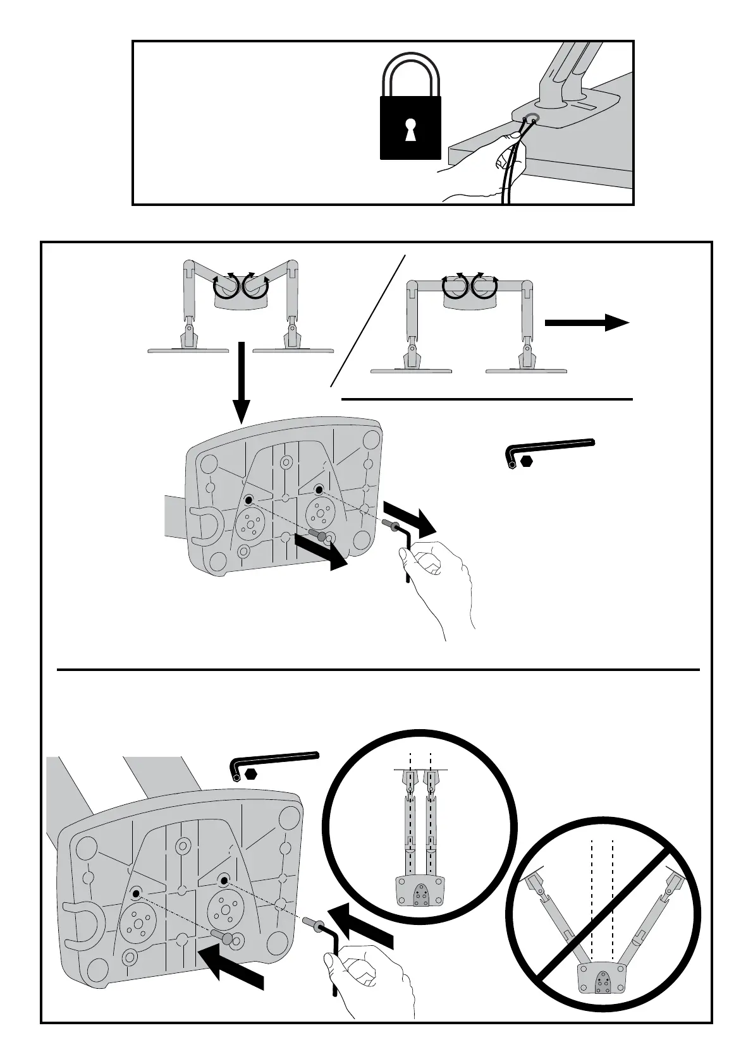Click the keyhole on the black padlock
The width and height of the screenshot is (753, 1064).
410,129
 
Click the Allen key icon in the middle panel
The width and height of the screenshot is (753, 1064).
550,447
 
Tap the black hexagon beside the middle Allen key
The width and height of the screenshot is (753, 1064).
527,462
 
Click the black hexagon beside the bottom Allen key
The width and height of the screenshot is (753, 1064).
252,773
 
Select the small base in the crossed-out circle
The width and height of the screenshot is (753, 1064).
603,982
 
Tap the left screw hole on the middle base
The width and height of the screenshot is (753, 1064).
248,500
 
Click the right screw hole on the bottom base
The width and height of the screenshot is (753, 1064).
223,880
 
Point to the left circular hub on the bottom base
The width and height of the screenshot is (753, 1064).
135,922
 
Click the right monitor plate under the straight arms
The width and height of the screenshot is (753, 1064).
526,371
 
